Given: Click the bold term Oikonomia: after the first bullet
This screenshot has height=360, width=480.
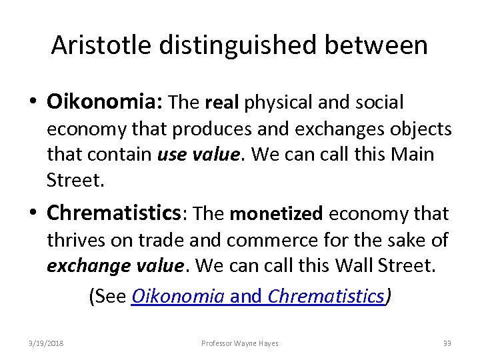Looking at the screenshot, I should point(105,102).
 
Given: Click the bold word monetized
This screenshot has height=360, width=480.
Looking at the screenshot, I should point(275,214).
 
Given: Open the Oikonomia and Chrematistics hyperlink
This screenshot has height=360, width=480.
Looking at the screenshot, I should point(259,296).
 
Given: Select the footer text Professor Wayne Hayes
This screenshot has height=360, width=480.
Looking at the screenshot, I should point(240,343).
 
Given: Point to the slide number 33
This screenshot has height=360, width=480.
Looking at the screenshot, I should point(447,343).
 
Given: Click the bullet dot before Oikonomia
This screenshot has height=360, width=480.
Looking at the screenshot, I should point(35,103).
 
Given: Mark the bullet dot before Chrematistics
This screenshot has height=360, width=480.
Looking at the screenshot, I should point(35,215).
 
